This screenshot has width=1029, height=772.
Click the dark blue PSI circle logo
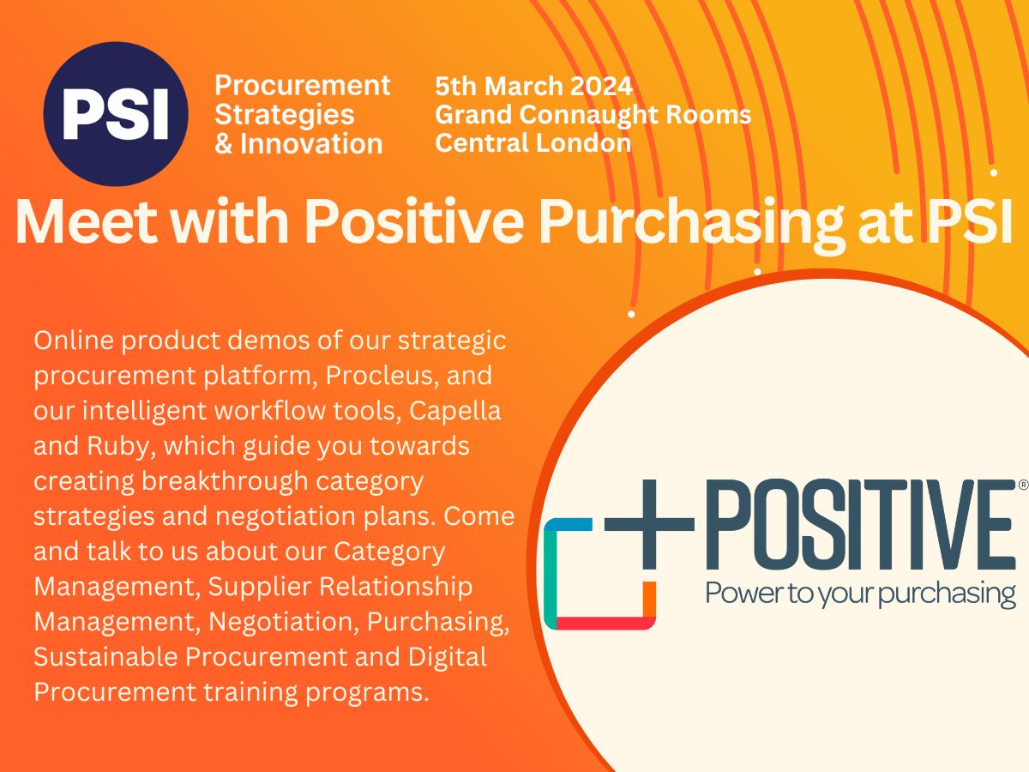click(116, 114)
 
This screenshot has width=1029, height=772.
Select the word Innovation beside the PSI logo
click(310, 143)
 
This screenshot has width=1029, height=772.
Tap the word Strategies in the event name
click(284, 114)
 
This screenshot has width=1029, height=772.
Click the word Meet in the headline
click(81, 222)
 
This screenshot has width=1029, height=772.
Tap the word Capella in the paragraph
click(454, 411)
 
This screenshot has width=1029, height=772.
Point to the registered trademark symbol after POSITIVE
click(1022, 486)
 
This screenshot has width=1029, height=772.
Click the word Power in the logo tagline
click(739, 593)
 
